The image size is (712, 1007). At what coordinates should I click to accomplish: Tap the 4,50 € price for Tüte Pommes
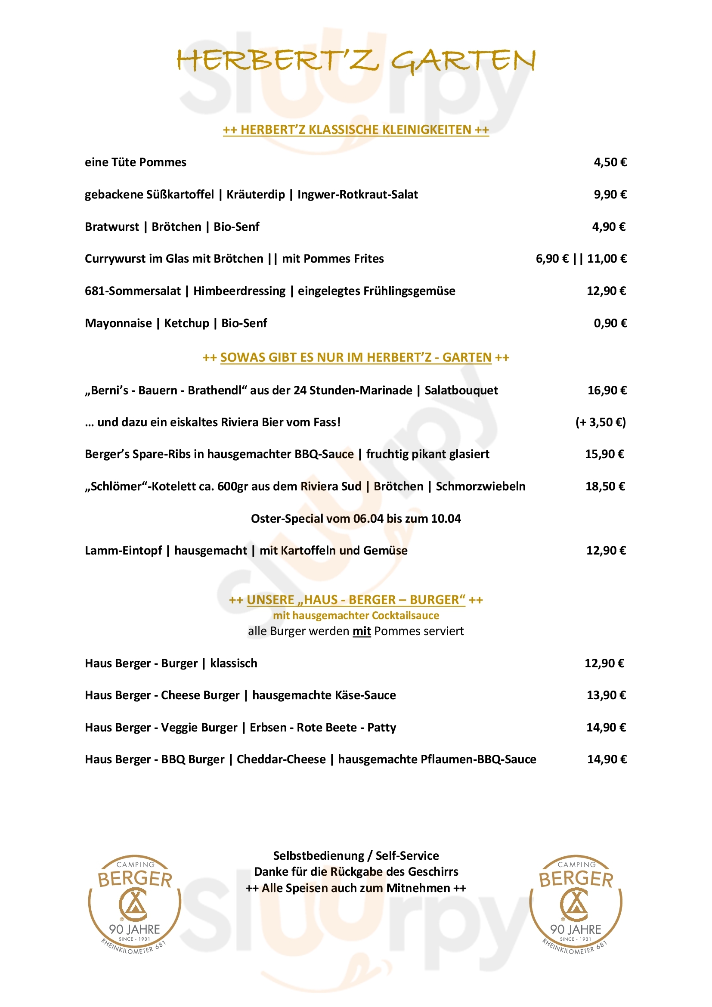(x=610, y=162)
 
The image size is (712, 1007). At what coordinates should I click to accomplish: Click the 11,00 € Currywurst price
(x=607, y=259)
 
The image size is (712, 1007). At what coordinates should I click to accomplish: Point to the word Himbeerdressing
(x=239, y=291)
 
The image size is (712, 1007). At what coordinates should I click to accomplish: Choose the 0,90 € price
(x=610, y=323)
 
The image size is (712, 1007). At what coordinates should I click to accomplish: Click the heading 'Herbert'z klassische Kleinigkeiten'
(x=356, y=130)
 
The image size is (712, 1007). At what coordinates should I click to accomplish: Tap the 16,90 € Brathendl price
(x=607, y=390)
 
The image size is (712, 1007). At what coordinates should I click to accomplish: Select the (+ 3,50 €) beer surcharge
(x=601, y=422)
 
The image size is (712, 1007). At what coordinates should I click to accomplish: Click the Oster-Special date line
(x=356, y=519)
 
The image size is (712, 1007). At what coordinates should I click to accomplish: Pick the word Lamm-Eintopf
(x=123, y=551)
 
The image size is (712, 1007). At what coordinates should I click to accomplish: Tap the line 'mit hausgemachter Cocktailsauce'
(x=356, y=616)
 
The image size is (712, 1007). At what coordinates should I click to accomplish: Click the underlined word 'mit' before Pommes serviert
(x=362, y=632)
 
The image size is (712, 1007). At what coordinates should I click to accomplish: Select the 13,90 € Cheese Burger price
(x=607, y=695)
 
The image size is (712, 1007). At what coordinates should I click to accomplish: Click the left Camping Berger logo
(x=135, y=904)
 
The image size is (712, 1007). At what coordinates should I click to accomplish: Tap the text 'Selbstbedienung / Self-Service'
(x=356, y=856)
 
